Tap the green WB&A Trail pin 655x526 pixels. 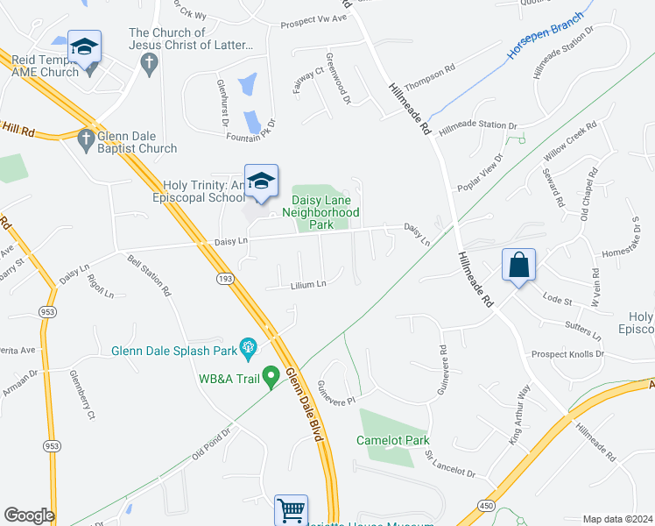click(271, 378)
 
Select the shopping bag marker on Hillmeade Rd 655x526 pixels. click(519, 265)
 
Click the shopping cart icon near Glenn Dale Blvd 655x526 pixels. click(291, 509)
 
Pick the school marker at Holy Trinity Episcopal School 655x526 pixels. click(261, 181)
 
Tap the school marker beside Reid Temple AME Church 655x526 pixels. click(84, 47)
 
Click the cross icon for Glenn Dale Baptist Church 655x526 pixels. click(86, 139)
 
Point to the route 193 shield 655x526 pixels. click(225, 277)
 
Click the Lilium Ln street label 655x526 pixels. click(308, 285)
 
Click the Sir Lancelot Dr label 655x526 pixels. click(449, 466)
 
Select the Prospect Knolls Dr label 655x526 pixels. click(567, 354)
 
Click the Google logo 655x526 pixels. click(29, 515)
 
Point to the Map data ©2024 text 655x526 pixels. click(616, 519)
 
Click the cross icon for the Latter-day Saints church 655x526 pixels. click(149, 62)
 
